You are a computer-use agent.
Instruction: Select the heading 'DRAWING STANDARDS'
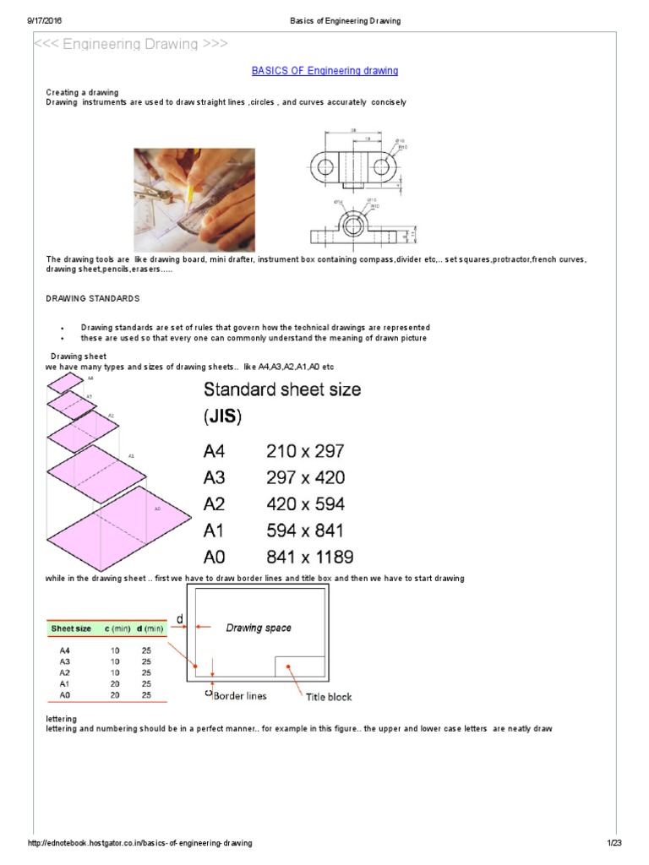pyautogui.click(x=92, y=299)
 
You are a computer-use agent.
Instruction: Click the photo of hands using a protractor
pyautogui.click(x=194, y=199)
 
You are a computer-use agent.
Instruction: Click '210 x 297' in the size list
pyautogui.click(x=305, y=451)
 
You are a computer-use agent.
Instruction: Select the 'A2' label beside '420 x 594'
pyautogui.click(x=215, y=504)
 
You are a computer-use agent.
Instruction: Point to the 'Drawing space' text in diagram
pyautogui.click(x=259, y=628)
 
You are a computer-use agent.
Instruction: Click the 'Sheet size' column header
pyautogui.click(x=72, y=628)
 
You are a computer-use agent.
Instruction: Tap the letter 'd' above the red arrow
pyautogui.click(x=180, y=619)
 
